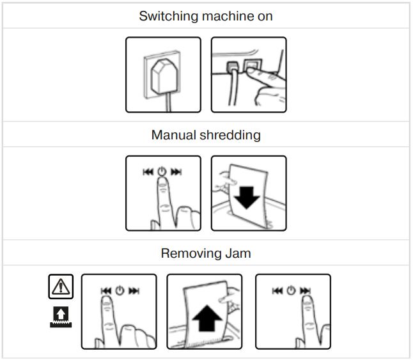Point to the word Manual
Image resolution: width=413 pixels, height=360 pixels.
click(x=173, y=135)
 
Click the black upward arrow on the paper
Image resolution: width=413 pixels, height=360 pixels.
click(x=204, y=317)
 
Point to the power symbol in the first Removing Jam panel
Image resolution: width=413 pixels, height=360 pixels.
click(x=119, y=291)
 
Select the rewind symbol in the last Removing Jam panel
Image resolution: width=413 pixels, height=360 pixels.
click(x=277, y=291)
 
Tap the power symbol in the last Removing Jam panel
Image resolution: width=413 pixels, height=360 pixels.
click(x=292, y=291)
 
